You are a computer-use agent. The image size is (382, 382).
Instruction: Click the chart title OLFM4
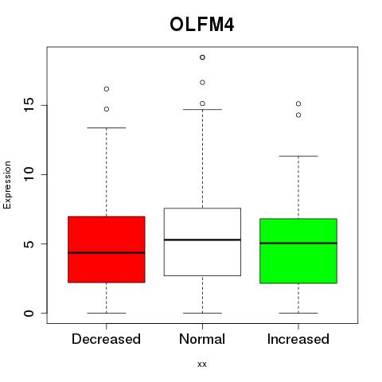(x=201, y=25)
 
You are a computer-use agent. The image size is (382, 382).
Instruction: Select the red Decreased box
(x=107, y=249)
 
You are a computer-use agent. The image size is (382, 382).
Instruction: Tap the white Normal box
(x=202, y=242)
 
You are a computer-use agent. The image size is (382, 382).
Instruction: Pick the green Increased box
(x=298, y=251)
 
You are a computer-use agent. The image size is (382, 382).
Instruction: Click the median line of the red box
(x=107, y=252)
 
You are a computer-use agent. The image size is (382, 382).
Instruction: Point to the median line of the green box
(x=298, y=243)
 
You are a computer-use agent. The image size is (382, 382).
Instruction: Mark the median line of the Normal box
(x=202, y=240)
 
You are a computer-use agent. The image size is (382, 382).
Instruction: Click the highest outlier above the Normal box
(x=202, y=57)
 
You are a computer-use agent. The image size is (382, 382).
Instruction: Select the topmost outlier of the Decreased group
(x=107, y=89)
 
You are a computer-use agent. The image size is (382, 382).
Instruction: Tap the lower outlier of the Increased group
(x=298, y=115)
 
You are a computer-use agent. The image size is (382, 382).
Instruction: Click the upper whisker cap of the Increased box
(x=298, y=156)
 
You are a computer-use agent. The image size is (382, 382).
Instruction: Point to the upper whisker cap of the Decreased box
(x=107, y=127)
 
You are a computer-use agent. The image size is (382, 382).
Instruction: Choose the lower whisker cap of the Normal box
(x=202, y=313)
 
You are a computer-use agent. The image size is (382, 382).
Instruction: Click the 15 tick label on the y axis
(x=29, y=105)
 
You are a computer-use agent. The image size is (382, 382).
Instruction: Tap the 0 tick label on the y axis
(x=29, y=313)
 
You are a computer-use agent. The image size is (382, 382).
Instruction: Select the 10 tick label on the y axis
(x=29, y=174)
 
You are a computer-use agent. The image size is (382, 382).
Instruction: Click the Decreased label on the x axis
(x=106, y=339)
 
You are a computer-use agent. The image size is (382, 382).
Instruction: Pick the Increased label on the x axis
(x=298, y=339)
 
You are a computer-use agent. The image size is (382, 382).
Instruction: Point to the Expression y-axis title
(x=7, y=185)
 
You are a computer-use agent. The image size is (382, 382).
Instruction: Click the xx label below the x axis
(x=202, y=364)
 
